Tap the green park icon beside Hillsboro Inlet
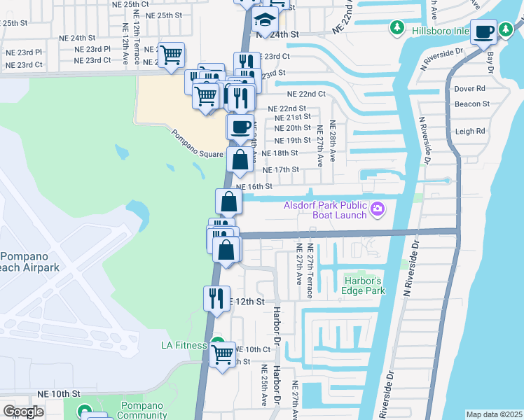[x=397, y=27]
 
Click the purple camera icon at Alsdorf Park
[x=378, y=209]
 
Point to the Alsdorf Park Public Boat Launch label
[x=325, y=210]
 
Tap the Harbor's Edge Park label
[x=364, y=286]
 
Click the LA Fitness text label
[x=183, y=345]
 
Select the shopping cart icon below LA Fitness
[x=222, y=354]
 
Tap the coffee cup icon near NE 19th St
[x=240, y=127]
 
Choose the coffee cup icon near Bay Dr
[x=484, y=31]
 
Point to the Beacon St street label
[x=471, y=104]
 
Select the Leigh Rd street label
[x=470, y=131]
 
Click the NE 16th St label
[x=254, y=187]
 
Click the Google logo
[x=23, y=412]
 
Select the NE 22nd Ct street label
[x=306, y=94]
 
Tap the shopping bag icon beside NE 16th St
[x=229, y=202]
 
